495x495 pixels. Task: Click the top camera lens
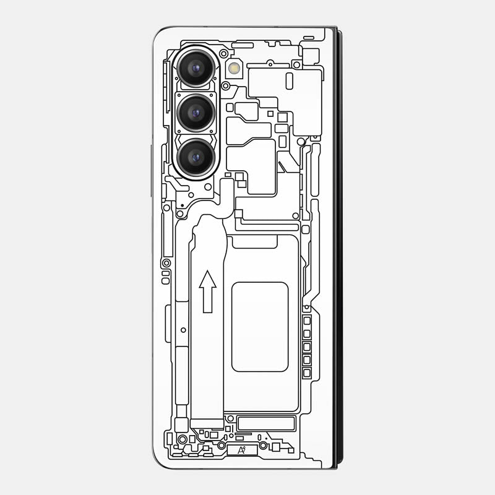[x=196, y=69]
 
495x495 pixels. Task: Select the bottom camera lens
[x=196, y=158]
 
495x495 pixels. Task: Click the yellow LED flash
[x=234, y=67]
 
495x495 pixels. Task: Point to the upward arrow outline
[x=208, y=291]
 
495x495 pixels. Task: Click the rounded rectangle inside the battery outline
[x=260, y=326]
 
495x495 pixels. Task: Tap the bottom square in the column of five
[x=306, y=372]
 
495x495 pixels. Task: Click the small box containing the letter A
[x=241, y=450]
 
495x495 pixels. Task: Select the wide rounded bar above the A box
[x=266, y=423]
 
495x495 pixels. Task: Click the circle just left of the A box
[x=221, y=445]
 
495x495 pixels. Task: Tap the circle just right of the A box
[x=264, y=445]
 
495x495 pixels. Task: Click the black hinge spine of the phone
[x=338, y=247]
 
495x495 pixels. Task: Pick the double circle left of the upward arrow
[x=166, y=263]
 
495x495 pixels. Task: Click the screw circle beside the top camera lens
[x=223, y=54]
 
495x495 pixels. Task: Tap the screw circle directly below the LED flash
[x=226, y=85]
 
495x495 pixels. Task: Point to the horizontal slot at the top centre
[x=243, y=45]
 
